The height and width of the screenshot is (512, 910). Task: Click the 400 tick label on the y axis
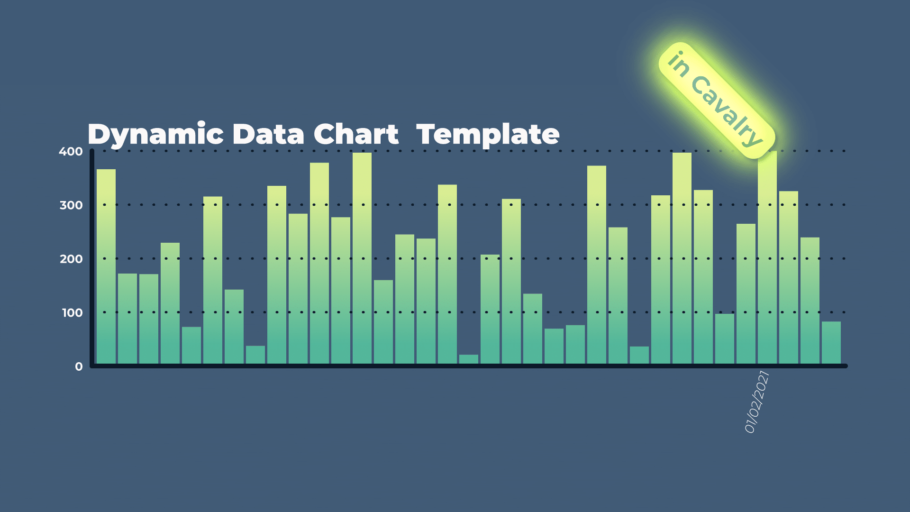(x=71, y=152)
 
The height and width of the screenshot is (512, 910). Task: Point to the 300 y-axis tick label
(x=71, y=205)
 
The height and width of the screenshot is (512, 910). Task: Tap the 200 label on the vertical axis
(x=71, y=259)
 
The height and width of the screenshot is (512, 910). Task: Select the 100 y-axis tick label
(x=72, y=313)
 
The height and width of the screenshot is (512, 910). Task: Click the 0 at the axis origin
(x=79, y=366)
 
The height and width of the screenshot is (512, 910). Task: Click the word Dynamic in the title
(x=155, y=135)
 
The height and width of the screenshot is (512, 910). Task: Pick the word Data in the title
(x=268, y=134)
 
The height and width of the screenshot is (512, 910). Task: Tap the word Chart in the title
(x=356, y=134)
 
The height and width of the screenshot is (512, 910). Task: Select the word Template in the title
(x=488, y=135)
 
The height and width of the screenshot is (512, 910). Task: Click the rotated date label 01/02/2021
(x=756, y=402)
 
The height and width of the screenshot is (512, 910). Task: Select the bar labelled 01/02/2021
(x=767, y=258)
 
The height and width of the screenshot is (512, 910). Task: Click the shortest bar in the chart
(x=469, y=359)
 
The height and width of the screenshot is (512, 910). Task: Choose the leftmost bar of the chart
(x=106, y=266)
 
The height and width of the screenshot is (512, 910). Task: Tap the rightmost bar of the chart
(x=831, y=343)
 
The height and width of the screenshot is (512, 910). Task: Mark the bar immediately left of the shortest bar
(x=447, y=274)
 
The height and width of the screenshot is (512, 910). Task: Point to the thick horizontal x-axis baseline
(x=469, y=366)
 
